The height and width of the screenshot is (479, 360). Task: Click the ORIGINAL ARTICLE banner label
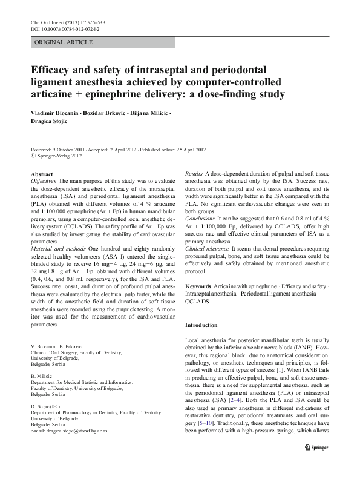point(64,42)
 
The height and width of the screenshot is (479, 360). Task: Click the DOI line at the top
point(65,29)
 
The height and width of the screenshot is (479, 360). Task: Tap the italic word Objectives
point(44,181)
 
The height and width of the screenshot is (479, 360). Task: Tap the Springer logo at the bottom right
point(313,462)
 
